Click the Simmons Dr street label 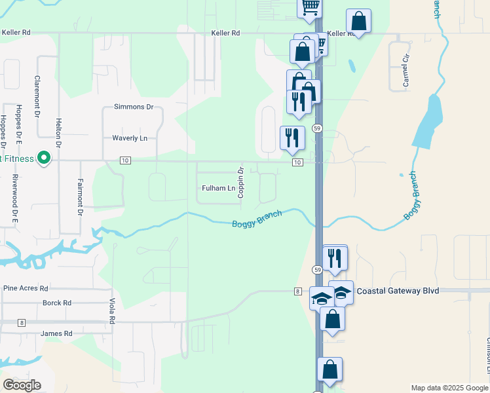click(x=133, y=107)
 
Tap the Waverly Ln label click(x=129, y=138)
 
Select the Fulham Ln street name click(x=218, y=189)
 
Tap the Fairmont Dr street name click(x=80, y=198)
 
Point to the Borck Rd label click(x=56, y=303)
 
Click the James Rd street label click(x=56, y=334)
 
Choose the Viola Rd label click(x=112, y=311)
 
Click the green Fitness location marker click(x=44, y=158)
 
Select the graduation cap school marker click(x=321, y=299)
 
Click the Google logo click(x=22, y=385)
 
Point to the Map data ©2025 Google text click(x=449, y=388)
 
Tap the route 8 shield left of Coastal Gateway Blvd click(x=297, y=291)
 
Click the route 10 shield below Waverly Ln click(x=124, y=160)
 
